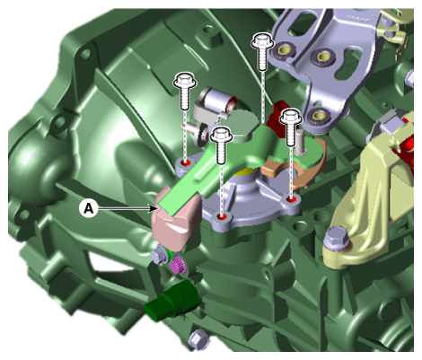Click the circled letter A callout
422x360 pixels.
[89, 208]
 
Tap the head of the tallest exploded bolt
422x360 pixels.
[263, 40]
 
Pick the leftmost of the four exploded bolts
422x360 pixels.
[185, 92]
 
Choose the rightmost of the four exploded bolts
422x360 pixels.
[291, 127]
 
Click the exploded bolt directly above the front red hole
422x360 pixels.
[221, 145]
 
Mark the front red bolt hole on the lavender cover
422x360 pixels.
[221, 216]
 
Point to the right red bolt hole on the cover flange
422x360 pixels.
[291, 198]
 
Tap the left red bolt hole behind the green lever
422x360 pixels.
[186, 162]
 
